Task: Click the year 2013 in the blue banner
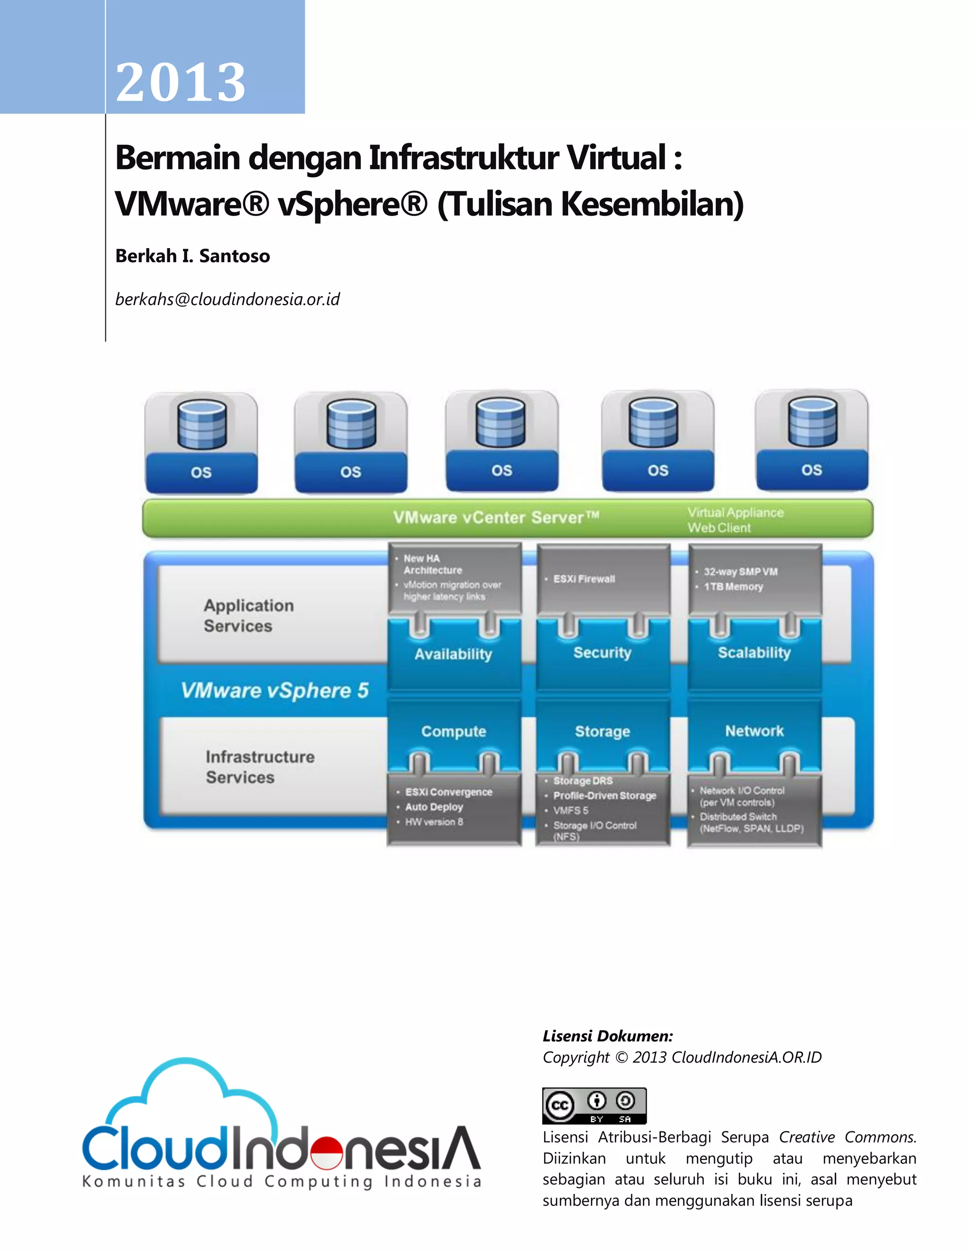coord(181,83)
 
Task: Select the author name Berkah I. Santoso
coord(193,256)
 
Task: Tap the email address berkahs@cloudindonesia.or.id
coord(228,299)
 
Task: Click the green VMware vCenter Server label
coord(496,518)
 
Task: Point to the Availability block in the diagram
coord(453,654)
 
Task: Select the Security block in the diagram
coord(602,652)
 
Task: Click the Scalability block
coord(754,652)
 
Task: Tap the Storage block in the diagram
coord(602,731)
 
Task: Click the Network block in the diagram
coord(754,731)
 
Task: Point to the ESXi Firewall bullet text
coord(584,579)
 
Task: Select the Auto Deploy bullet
coord(433,806)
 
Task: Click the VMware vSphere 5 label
coord(275,690)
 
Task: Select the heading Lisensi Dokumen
coord(608,1036)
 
